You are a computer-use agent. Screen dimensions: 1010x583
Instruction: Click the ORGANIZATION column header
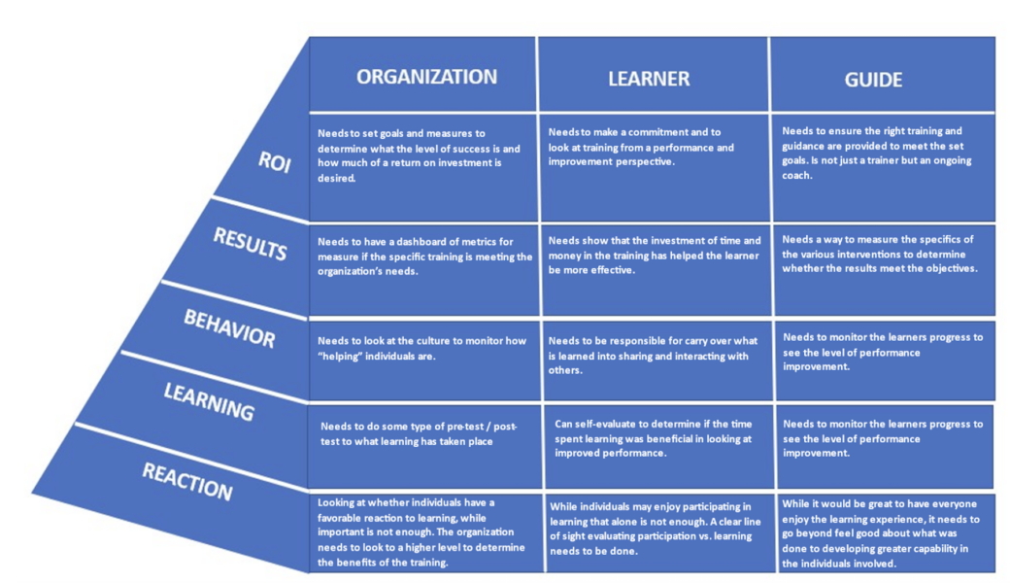426,77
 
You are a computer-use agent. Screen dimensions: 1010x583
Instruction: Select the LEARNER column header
649,79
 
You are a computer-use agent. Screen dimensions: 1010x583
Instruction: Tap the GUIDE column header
873,80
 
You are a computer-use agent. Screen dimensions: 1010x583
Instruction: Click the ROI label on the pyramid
275,161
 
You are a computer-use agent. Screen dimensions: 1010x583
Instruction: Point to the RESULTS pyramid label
250,244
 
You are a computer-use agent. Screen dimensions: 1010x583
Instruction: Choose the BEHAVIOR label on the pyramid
229,327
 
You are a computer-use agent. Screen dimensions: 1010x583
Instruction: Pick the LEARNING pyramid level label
209,401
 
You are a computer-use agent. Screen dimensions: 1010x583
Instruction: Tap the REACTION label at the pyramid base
186,482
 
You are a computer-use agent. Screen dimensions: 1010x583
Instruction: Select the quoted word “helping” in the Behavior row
340,357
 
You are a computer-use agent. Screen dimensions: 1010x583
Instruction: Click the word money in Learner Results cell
563,256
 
